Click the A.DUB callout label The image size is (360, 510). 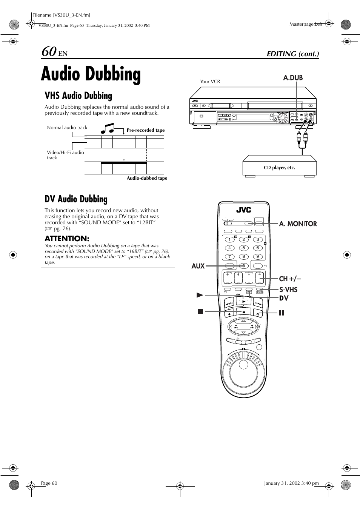pos(293,78)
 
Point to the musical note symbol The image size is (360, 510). pos(108,128)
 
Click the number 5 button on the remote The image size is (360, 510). pos(243,248)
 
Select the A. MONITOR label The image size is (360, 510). pos(298,224)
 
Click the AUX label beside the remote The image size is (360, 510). pos(198,266)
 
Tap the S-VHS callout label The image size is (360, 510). pos(288,290)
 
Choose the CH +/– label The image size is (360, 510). pos(290,279)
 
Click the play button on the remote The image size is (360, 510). pos(243,301)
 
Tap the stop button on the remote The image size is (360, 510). pos(243,312)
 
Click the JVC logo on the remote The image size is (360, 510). pos(243,210)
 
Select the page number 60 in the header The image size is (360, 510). pos(49,51)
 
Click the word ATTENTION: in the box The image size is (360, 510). pos(67,239)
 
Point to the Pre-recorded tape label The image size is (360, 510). pos(146,130)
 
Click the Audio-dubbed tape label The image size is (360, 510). pos(147,178)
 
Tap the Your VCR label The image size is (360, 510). pos(210,82)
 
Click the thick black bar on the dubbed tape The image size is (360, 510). pos(124,163)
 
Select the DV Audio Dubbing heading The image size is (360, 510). pos(76,199)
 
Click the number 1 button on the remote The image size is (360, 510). pos(229,239)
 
